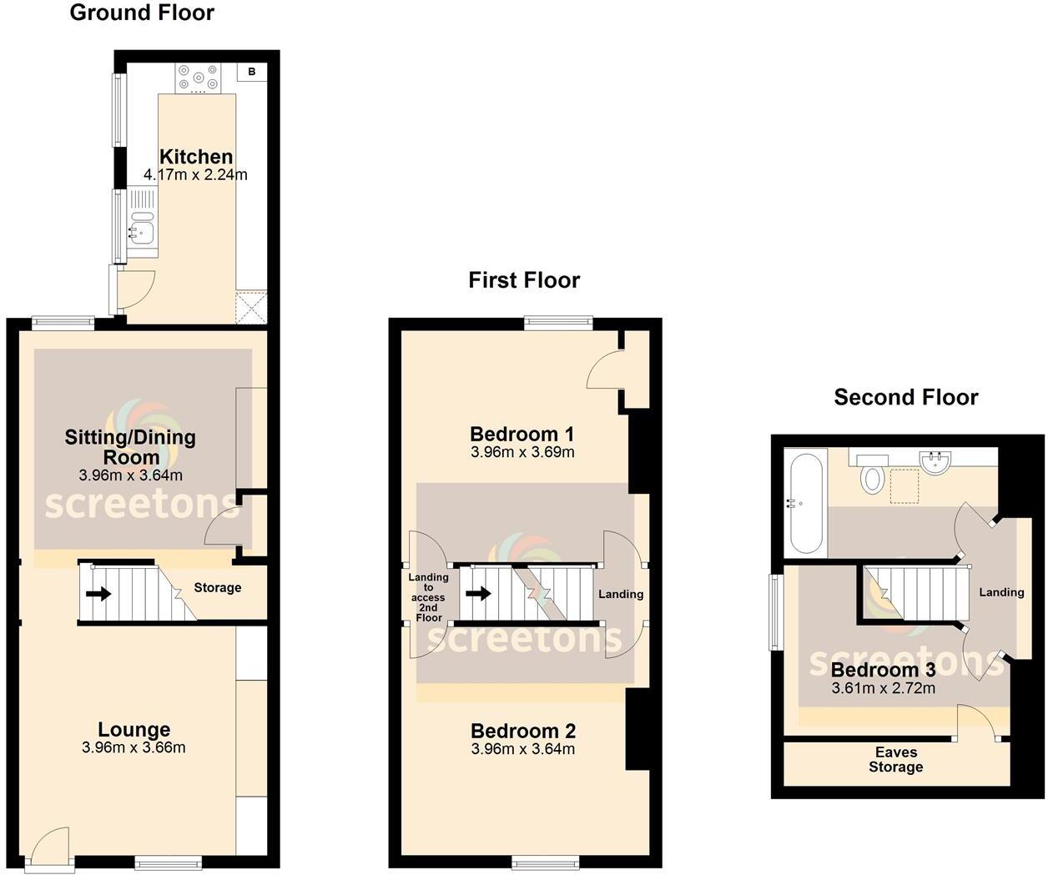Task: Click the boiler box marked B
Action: [251, 73]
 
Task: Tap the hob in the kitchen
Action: [198, 78]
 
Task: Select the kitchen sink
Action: [139, 226]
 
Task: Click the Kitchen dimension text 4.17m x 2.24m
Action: [196, 175]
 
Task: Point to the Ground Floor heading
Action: [142, 13]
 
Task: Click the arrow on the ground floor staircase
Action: [98, 594]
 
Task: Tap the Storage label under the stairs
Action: [218, 588]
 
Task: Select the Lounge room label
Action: [134, 730]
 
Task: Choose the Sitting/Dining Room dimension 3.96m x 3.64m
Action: [131, 476]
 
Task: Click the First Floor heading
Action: [524, 280]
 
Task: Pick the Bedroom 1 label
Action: [522, 434]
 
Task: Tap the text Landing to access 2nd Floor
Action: [428, 597]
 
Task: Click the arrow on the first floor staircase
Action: [478, 594]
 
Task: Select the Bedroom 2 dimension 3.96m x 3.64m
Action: [523, 749]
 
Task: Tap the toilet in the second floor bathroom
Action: [873, 475]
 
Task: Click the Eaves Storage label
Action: [896, 760]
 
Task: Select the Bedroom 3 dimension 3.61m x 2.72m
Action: [884, 689]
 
